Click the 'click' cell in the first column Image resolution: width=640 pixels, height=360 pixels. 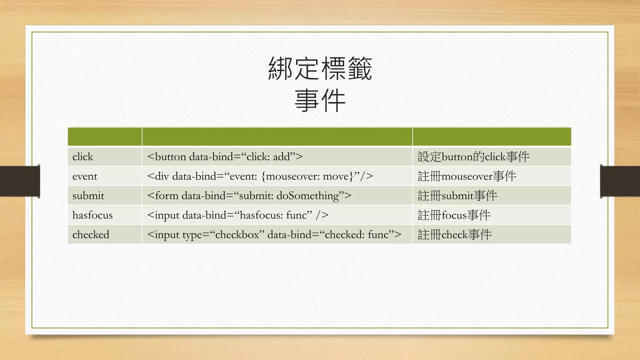83,157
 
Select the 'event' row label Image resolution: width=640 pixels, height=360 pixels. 85,176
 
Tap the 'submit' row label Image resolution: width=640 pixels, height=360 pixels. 88,196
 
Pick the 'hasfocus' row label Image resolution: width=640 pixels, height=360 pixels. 92,215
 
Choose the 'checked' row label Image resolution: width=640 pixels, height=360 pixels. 91,234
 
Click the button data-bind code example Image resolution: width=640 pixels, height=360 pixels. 225,157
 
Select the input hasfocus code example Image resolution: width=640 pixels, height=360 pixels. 237,215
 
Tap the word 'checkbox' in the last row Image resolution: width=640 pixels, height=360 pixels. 237,234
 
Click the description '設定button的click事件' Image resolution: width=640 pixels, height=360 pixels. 473,157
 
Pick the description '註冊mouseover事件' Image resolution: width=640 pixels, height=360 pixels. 467,176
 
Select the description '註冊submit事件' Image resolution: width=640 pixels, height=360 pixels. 457,196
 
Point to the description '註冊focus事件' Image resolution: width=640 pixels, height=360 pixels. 454,215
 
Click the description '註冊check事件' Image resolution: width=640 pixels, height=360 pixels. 455,234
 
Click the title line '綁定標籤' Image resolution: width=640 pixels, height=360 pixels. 320,68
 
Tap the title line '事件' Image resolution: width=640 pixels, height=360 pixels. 320,100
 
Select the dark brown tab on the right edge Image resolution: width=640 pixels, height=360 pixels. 620,181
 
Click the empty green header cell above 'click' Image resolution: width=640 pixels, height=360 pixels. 105,137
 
